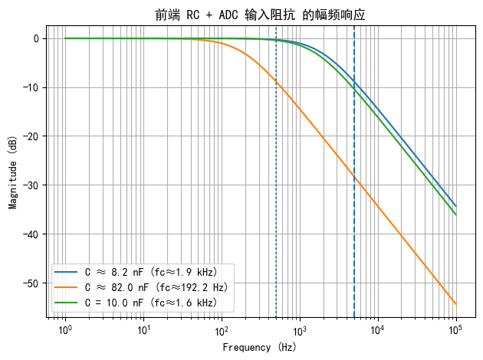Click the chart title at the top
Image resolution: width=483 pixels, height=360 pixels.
tap(261, 15)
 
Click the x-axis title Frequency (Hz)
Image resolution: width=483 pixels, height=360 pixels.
tap(261, 347)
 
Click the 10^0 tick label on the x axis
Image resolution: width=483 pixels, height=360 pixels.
tap(65, 329)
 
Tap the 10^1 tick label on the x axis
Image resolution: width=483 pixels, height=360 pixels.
tap(143, 329)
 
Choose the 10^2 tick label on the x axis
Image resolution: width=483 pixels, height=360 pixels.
tap(222, 329)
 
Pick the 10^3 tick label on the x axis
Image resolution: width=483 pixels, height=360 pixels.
tap(300, 329)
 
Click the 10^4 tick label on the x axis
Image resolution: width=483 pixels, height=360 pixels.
tap(378, 329)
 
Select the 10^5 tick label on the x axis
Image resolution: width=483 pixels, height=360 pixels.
tap(456, 329)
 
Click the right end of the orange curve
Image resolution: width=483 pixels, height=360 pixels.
tap(455, 304)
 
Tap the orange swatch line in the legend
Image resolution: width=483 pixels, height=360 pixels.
tap(67, 287)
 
